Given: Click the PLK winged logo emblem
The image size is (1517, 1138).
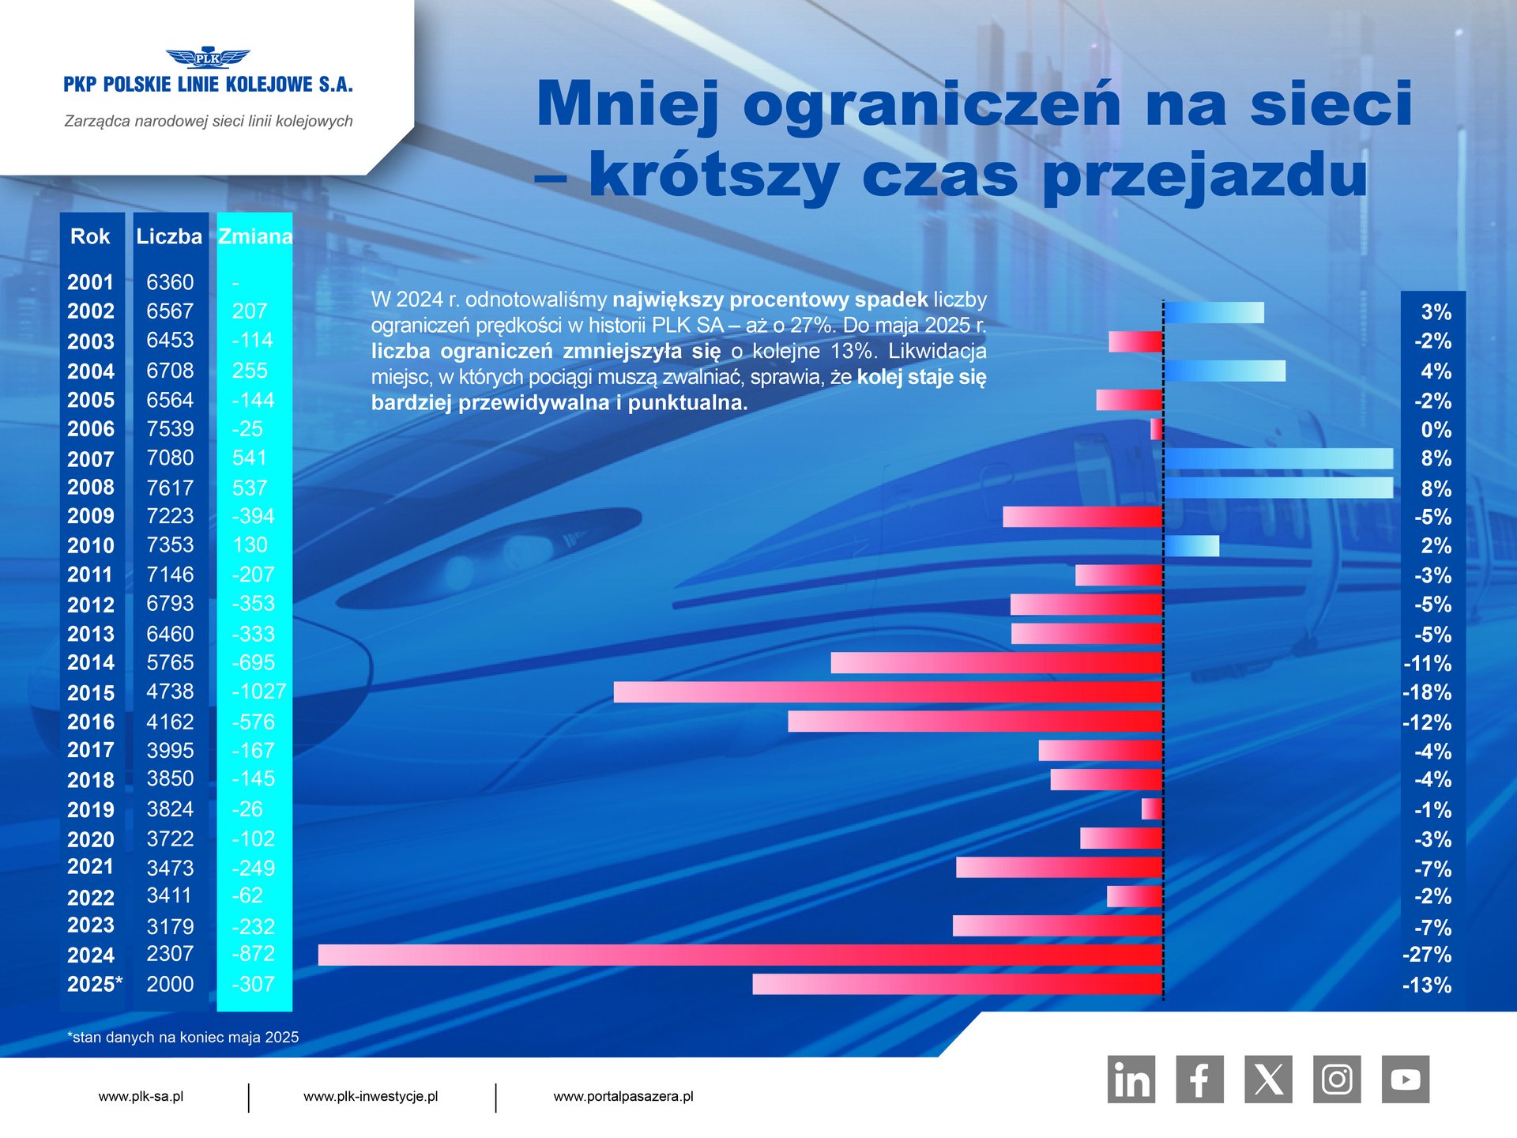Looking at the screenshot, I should (x=208, y=58).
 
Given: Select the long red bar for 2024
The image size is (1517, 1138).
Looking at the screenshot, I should (x=740, y=955).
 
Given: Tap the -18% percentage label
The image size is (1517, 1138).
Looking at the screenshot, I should (x=1427, y=693).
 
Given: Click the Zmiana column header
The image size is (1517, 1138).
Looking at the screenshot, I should (x=254, y=236).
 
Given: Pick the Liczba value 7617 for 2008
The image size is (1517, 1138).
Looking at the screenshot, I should (x=170, y=488).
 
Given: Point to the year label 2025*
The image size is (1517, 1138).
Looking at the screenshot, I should (x=95, y=985).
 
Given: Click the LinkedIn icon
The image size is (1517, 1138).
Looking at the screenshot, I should (x=1131, y=1079).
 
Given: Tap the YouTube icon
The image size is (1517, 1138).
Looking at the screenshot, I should (x=1405, y=1079).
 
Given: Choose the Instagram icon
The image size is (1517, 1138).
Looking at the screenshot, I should (x=1337, y=1079).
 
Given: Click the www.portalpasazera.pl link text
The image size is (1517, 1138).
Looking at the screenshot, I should (x=623, y=1096).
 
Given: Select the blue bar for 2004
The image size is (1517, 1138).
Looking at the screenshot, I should (x=1225, y=371).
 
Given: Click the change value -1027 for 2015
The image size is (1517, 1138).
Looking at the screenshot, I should (x=259, y=691).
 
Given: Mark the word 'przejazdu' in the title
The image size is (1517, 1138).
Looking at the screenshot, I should (x=1204, y=175).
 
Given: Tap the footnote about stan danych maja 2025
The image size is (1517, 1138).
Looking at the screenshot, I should (x=183, y=1038).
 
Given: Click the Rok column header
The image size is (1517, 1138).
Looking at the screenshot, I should (x=90, y=236).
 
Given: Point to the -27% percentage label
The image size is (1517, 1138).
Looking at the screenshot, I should (x=1427, y=955).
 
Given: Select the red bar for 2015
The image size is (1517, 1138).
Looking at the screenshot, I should (x=887, y=692).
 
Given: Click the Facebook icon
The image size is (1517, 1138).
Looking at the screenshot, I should (x=1199, y=1079).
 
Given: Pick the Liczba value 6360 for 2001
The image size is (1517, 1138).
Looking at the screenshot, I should (x=170, y=282).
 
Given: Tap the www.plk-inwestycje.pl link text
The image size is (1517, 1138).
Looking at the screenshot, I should (x=371, y=1096).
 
